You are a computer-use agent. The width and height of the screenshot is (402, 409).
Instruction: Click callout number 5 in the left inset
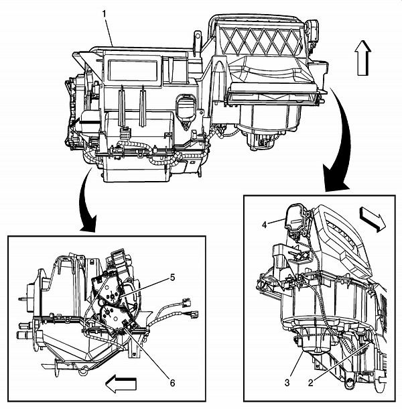(x=172, y=276)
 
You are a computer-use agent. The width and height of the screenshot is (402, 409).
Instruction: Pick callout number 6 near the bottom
(x=172, y=382)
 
